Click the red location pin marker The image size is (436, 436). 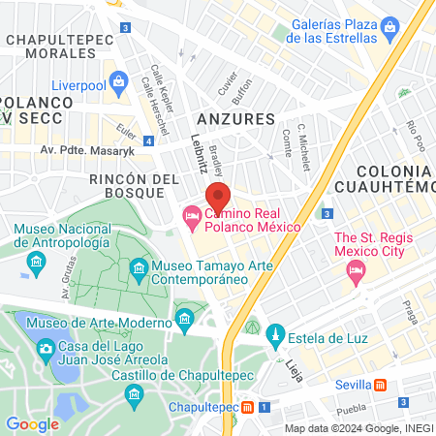(x=218, y=198)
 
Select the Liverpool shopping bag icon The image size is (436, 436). (x=118, y=81)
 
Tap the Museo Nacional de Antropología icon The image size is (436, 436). (x=36, y=261)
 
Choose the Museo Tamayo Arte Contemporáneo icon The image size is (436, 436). (x=140, y=266)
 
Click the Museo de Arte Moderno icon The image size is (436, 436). (x=184, y=318)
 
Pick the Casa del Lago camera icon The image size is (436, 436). (x=44, y=347)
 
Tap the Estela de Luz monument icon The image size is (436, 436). (x=274, y=337)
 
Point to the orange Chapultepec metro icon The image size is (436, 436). (x=249, y=408)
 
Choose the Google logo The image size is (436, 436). (x=32, y=423)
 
